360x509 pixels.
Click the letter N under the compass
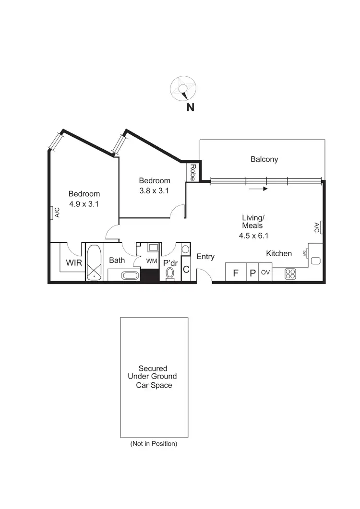click(x=191, y=108)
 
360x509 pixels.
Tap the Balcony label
click(x=264, y=159)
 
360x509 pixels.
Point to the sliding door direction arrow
click(x=258, y=189)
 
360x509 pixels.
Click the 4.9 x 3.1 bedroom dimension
click(x=84, y=203)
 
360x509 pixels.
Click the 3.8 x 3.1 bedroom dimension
click(x=155, y=190)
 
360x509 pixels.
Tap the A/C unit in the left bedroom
click(x=51, y=212)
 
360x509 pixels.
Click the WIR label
click(x=73, y=262)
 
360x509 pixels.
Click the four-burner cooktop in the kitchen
click(x=290, y=273)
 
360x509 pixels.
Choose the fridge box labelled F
click(x=236, y=273)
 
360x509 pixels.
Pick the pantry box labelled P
click(x=252, y=273)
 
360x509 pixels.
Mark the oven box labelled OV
click(x=265, y=272)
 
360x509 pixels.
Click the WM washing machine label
click(x=152, y=261)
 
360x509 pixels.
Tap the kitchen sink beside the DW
click(x=315, y=261)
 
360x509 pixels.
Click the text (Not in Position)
click(x=154, y=444)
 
